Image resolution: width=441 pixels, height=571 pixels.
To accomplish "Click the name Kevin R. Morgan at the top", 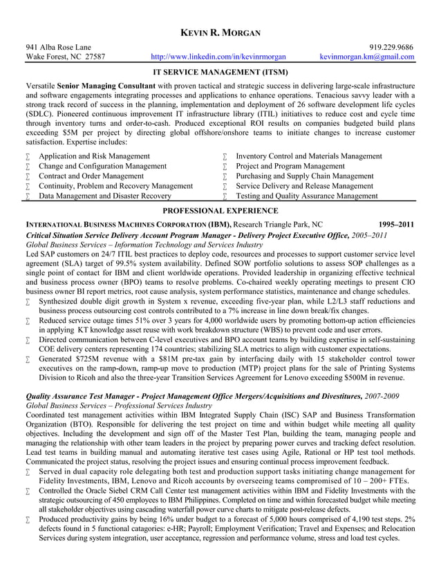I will [x=220, y=33].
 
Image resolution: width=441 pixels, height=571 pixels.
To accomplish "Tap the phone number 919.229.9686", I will [x=391, y=47].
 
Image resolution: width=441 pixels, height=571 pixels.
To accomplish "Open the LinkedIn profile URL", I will [x=218, y=57].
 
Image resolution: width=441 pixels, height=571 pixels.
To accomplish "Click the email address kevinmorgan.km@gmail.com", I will [x=367, y=57].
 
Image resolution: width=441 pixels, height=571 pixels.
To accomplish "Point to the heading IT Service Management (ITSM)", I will [x=220, y=71].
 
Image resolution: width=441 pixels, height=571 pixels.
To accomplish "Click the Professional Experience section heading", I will [x=220, y=210].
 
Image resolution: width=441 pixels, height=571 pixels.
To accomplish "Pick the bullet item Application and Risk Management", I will [x=94, y=156].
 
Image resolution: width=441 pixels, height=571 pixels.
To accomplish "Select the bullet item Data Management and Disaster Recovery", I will [x=104, y=196].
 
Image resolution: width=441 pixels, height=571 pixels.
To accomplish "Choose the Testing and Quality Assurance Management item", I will [x=307, y=196].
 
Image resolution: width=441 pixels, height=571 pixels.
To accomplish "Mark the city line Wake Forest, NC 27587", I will [x=66, y=57].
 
